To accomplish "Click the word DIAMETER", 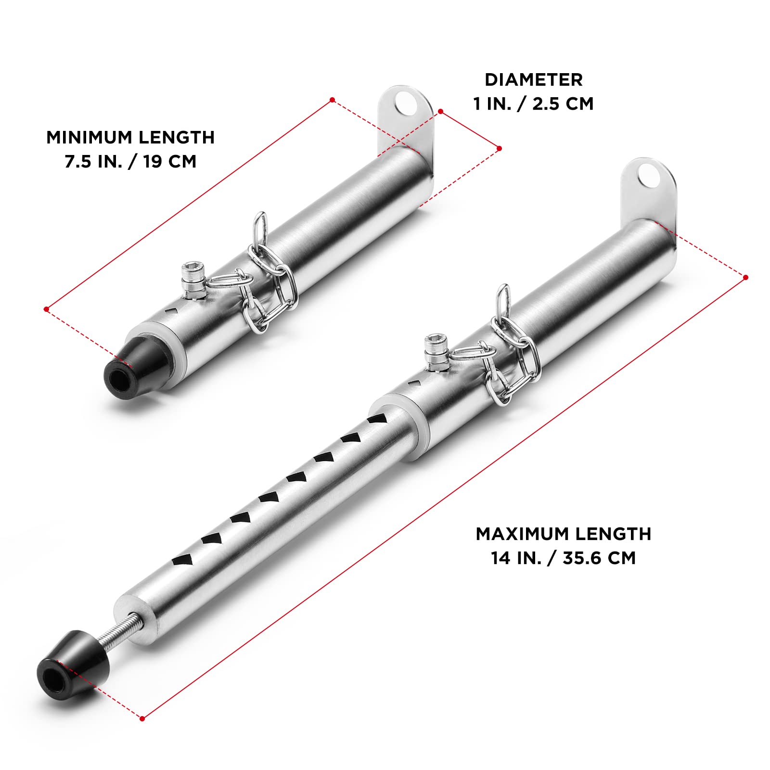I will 533,80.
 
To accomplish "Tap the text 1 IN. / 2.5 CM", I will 533,104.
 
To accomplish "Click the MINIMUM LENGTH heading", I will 130,138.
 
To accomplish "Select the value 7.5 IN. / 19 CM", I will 130,162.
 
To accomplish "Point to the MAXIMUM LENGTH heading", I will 563,534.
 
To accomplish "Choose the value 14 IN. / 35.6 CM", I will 563,558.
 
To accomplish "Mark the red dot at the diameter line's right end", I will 499,148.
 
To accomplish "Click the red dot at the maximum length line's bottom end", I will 142,719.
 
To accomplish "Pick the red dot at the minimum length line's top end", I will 332,100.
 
